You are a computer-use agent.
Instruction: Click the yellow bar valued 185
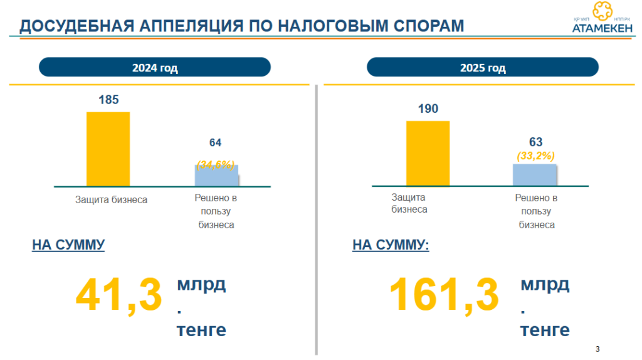coord(108,149)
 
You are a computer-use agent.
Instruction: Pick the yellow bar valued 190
coord(428,153)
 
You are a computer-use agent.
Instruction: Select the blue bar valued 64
coord(216,175)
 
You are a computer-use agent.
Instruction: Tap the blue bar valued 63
coord(535,174)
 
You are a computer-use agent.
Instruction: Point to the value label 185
coord(108,100)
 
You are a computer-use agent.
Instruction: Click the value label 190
coord(428,109)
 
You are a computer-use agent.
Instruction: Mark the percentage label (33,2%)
coord(535,156)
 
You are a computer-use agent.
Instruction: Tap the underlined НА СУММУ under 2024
coord(68,245)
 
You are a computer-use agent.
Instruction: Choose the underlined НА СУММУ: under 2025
coord(391,245)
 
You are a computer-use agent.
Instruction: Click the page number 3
coord(597,348)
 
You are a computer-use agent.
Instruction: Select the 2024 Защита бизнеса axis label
coord(112,200)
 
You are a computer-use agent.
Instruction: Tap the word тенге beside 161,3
coord(545,330)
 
